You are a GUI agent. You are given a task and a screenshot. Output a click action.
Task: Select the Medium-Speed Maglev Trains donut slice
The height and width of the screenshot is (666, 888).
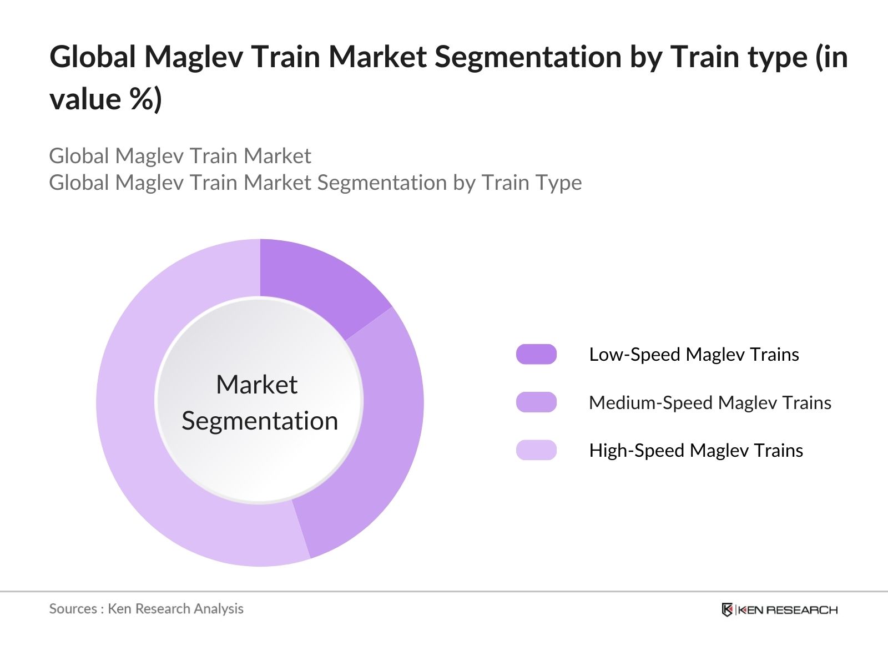[x=380, y=437]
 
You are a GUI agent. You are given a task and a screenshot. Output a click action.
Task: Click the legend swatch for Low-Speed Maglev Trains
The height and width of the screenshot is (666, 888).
[x=536, y=354]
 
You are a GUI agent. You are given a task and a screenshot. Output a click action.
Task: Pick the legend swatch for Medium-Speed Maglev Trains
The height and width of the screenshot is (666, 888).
[x=536, y=402]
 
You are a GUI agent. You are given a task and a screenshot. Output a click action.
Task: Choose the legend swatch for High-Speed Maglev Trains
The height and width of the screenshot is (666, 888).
[x=536, y=450]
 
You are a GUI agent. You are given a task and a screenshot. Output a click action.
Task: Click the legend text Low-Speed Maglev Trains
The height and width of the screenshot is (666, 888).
[x=694, y=355]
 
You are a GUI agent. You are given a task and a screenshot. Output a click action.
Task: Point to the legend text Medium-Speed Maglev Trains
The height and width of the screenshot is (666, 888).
[x=710, y=403]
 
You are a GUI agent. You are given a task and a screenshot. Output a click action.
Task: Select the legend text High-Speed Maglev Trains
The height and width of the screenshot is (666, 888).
[x=696, y=451]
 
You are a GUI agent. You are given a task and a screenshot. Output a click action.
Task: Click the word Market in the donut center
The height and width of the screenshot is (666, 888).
[x=257, y=384]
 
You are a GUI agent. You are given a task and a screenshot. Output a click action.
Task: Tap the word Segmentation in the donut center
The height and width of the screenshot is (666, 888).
[x=260, y=421]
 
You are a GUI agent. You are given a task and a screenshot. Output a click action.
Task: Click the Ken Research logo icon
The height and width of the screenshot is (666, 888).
[x=727, y=609]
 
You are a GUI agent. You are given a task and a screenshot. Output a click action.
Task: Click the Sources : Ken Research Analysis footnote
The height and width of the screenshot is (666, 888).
[x=146, y=609]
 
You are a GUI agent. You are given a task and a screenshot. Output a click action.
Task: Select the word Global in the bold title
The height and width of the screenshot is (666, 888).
[x=92, y=57]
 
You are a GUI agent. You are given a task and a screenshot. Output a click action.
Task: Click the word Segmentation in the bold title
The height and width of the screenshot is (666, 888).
[x=528, y=57]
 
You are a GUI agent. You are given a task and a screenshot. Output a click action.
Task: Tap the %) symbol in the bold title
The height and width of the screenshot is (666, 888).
[x=145, y=99]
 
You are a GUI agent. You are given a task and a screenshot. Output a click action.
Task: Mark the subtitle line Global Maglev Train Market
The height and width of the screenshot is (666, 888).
[x=180, y=156]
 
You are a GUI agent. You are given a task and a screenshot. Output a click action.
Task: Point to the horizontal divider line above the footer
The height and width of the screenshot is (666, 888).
[x=444, y=592]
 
